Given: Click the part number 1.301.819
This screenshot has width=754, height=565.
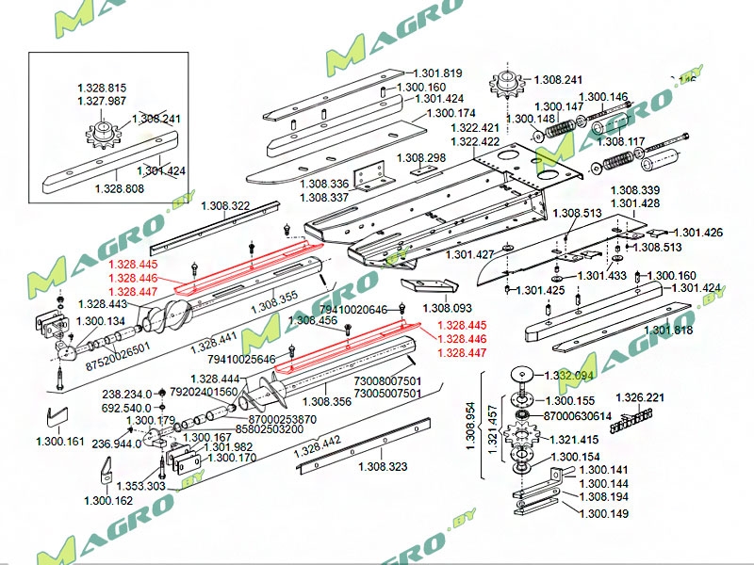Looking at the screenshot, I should [x=437, y=73].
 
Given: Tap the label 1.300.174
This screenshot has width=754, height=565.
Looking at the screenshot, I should [x=451, y=114].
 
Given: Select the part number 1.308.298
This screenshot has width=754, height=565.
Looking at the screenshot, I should [x=421, y=157].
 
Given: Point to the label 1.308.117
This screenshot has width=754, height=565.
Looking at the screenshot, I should [x=622, y=142].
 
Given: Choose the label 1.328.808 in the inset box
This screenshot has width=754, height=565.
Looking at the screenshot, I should [x=120, y=189].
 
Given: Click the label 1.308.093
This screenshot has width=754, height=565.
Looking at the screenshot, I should [x=447, y=308].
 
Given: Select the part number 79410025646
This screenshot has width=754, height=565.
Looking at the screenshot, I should [x=241, y=359].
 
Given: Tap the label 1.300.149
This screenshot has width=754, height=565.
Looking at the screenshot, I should [x=603, y=513].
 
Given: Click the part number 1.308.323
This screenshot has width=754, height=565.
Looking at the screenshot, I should [x=383, y=466].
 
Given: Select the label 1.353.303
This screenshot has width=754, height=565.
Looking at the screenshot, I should [x=140, y=486].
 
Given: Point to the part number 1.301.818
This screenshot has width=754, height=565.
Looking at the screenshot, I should [x=669, y=330].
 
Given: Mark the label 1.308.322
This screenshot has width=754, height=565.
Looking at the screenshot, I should [x=225, y=205].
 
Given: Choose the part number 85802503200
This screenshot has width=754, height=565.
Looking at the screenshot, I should [x=243, y=428].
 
